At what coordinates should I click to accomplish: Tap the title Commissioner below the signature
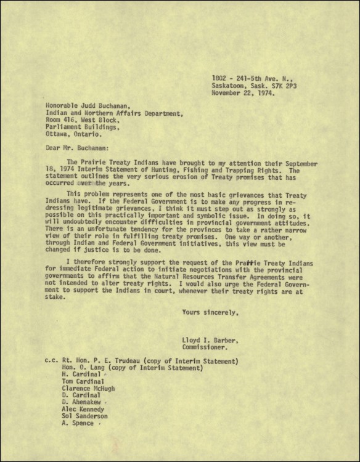205,347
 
